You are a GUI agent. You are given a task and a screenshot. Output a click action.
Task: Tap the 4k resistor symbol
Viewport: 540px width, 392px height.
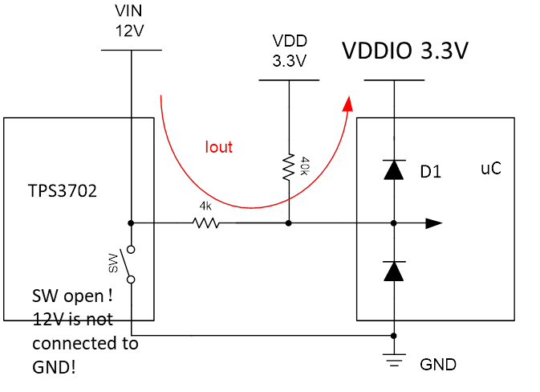pyautogui.click(x=206, y=223)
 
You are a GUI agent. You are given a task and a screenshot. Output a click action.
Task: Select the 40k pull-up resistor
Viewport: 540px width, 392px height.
pyautogui.click(x=288, y=167)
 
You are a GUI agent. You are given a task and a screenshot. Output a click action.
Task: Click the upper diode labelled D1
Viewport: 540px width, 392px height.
pyautogui.click(x=393, y=169)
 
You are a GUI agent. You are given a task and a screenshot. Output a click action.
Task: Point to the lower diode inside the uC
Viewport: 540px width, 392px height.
pyautogui.click(x=393, y=272)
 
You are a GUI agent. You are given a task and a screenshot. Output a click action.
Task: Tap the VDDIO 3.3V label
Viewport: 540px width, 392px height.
pyautogui.click(x=405, y=51)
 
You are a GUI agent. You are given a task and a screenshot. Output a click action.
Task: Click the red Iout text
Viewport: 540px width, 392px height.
pyautogui.click(x=218, y=146)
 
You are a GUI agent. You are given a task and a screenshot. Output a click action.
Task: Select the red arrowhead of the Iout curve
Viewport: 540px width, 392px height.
pyautogui.click(x=348, y=103)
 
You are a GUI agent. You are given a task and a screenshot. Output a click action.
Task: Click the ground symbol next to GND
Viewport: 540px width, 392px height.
pyautogui.click(x=393, y=361)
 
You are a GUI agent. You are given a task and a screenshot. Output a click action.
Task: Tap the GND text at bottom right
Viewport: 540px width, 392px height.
pyautogui.click(x=438, y=365)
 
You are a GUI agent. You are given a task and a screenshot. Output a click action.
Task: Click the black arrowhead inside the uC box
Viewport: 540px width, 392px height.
pyautogui.click(x=433, y=223)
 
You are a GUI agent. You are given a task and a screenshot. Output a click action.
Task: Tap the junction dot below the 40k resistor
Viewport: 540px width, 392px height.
pyautogui.click(x=288, y=223)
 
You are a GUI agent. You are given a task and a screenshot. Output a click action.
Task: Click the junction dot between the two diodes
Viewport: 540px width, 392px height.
pyautogui.click(x=393, y=223)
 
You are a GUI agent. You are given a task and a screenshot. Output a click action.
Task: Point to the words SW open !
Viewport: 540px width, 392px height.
pyautogui.click(x=71, y=294)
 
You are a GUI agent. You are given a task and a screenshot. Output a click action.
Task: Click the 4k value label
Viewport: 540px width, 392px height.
pyautogui.click(x=206, y=206)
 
